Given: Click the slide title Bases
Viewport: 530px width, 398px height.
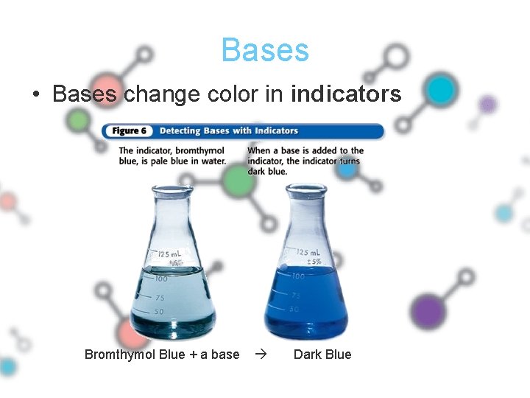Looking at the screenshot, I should pyautogui.click(x=265, y=50).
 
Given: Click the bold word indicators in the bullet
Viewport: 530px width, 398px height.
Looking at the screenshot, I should pyautogui.click(x=346, y=94).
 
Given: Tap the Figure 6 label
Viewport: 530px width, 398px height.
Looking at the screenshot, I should pyautogui.click(x=129, y=131).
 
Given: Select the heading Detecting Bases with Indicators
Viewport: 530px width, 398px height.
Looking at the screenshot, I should pyautogui.click(x=229, y=131).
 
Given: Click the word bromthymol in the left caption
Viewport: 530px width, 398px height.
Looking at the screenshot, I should pyautogui.click(x=199, y=151).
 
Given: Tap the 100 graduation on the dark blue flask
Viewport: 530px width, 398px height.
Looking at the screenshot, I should pyautogui.click(x=297, y=276).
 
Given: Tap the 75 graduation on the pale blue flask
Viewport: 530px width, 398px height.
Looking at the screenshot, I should pyautogui.click(x=159, y=298).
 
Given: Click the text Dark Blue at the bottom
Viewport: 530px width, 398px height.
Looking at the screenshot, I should pyautogui.click(x=322, y=355).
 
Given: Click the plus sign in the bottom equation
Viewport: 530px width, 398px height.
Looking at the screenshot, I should pyautogui.click(x=193, y=355).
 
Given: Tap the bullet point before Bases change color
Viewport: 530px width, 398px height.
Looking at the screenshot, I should pyautogui.click(x=35, y=95).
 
